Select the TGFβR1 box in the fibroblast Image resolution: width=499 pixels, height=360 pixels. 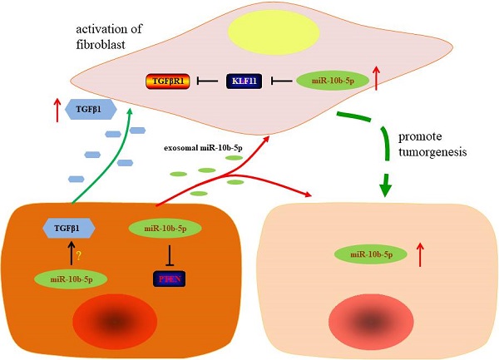click(x=169, y=81)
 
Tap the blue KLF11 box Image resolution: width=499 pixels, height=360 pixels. click(x=245, y=81)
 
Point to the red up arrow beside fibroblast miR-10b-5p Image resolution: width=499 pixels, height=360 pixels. click(x=377, y=79)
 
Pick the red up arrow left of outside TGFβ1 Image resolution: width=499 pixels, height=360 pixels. click(x=57, y=110)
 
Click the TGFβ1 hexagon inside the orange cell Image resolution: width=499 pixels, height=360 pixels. click(x=67, y=227)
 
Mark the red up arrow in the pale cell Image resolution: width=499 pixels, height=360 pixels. click(x=419, y=254)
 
